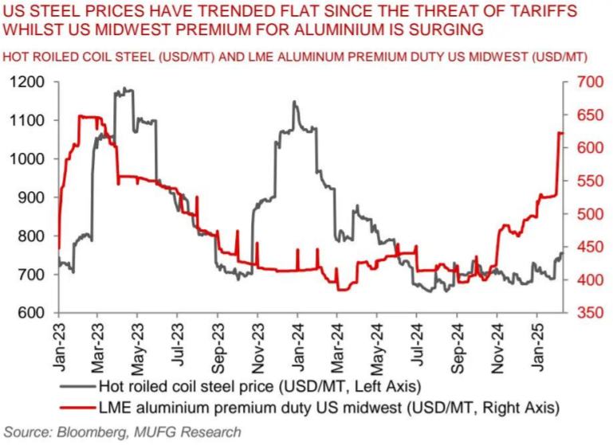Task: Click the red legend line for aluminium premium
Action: click(77, 408)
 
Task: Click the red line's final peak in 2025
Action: click(560, 133)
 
